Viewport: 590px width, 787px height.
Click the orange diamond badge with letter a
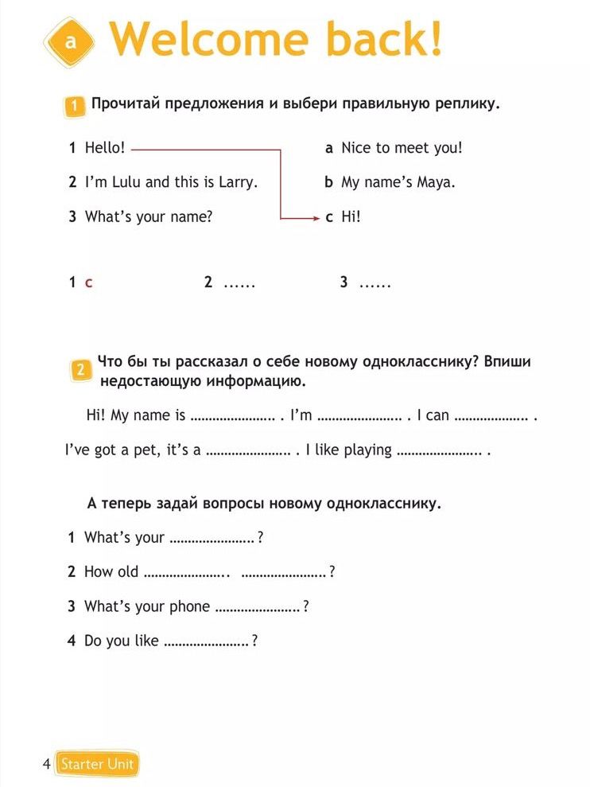coord(69,41)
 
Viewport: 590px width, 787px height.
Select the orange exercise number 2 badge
coord(80,369)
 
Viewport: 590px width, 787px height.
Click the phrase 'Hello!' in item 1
coord(105,148)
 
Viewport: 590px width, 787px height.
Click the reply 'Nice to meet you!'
coord(402,148)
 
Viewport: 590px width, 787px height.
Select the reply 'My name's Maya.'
coord(398,182)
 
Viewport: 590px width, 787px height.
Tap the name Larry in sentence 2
coord(238,182)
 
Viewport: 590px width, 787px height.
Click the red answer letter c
coord(88,282)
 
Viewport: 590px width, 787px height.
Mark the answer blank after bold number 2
coord(239,282)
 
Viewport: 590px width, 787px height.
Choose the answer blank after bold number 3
coord(375,282)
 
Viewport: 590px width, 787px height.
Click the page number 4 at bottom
coord(46,765)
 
